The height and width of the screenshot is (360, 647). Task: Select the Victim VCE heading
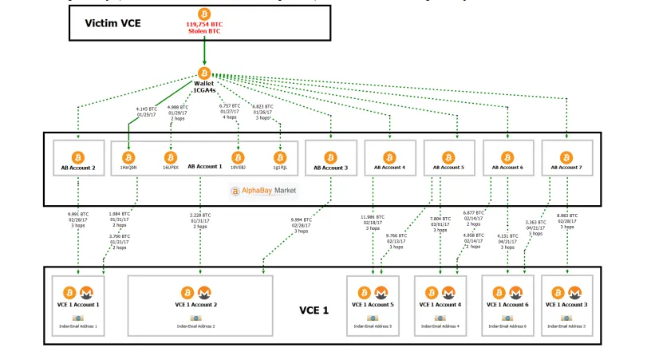[113, 23]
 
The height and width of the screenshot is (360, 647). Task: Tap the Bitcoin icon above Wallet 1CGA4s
[204, 73]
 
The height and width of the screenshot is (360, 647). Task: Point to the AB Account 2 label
[78, 168]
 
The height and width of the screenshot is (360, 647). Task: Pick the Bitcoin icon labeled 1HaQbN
[128, 156]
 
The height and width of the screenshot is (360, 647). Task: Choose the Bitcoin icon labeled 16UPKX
[170, 156]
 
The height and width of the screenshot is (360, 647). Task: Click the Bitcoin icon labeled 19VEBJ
[238, 156]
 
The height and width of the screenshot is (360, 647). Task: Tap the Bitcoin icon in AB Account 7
[566, 156]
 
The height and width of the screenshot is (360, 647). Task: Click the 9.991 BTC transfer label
[78, 220]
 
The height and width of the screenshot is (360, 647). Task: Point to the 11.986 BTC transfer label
[373, 222]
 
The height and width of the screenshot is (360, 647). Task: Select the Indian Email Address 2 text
[200, 326]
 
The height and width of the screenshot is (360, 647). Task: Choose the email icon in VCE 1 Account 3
[566, 318]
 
